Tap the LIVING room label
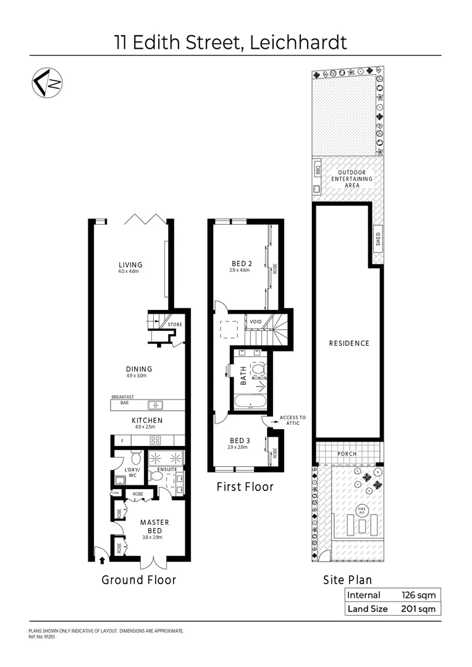tap(130, 265)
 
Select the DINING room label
tap(138, 369)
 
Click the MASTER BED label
tap(154, 526)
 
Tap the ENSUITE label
tap(167, 469)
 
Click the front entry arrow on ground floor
tap(103, 560)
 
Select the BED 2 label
tap(238, 262)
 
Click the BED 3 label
tap(238, 440)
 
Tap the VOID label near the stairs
tap(256, 322)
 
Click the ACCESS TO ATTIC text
tap(292, 421)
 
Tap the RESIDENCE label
tap(349, 343)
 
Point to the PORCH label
tap(347, 454)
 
